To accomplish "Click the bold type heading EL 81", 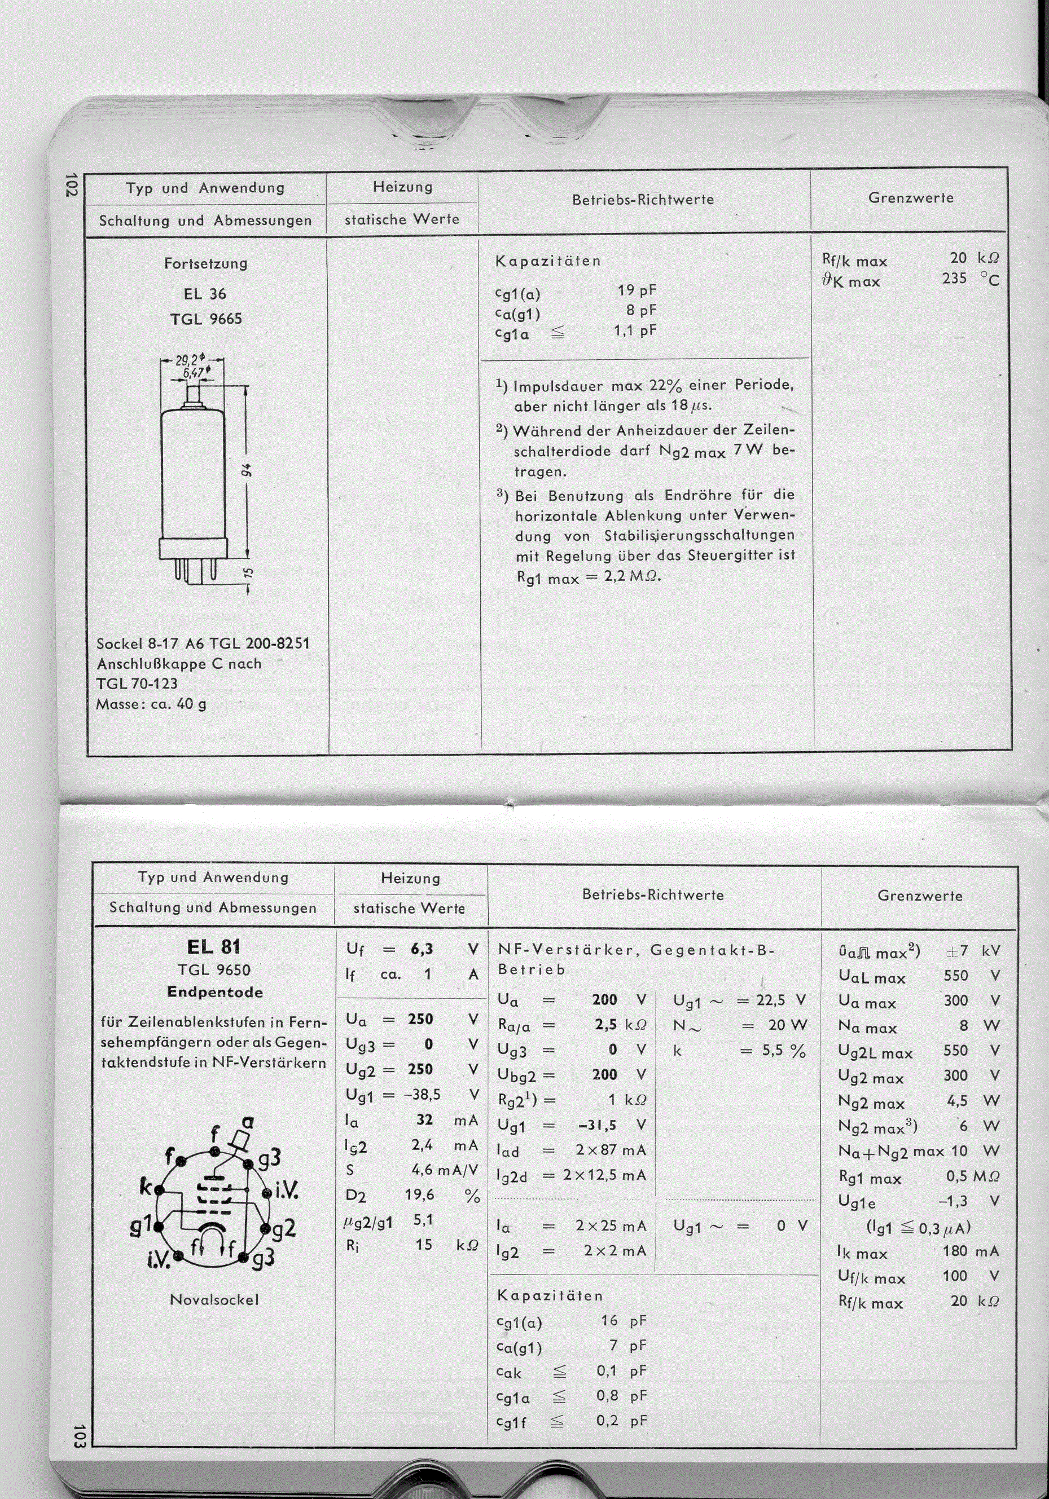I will (213, 947).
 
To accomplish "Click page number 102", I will (72, 185).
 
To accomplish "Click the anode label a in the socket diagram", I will (248, 1123).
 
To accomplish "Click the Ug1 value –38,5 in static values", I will (420, 1094).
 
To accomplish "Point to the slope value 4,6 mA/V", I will (441, 1170).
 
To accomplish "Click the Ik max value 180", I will (955, 1251).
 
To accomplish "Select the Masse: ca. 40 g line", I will (151, 704).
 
